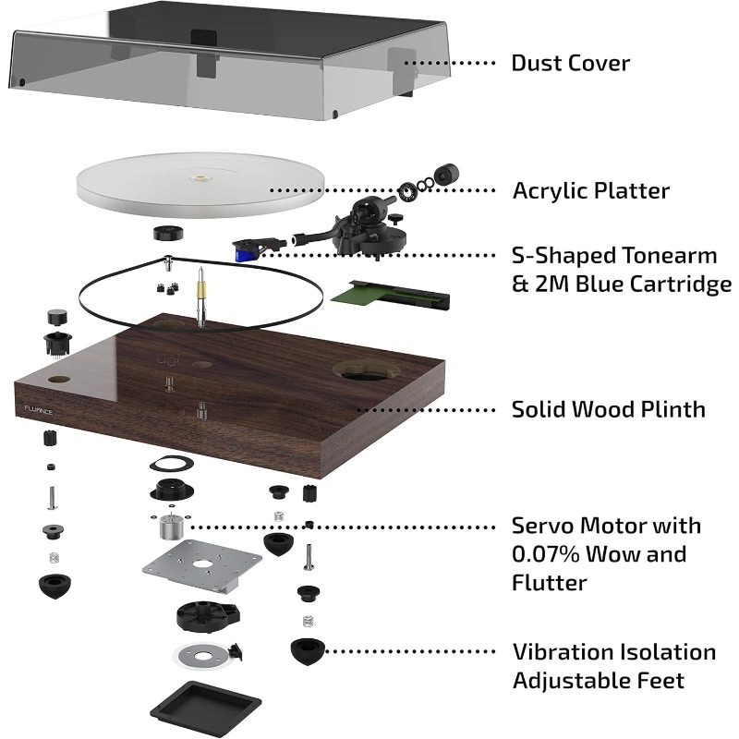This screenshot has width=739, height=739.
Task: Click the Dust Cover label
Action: tap(570, 63)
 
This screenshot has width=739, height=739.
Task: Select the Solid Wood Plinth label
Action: tap(609, 409)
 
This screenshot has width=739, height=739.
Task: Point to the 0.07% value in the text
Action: tap(546, 554)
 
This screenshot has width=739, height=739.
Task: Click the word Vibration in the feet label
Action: tap(562, 652)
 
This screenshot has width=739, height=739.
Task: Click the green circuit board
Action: tap(375, 293)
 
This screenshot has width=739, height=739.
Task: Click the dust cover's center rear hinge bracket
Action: tap(201, 36)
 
